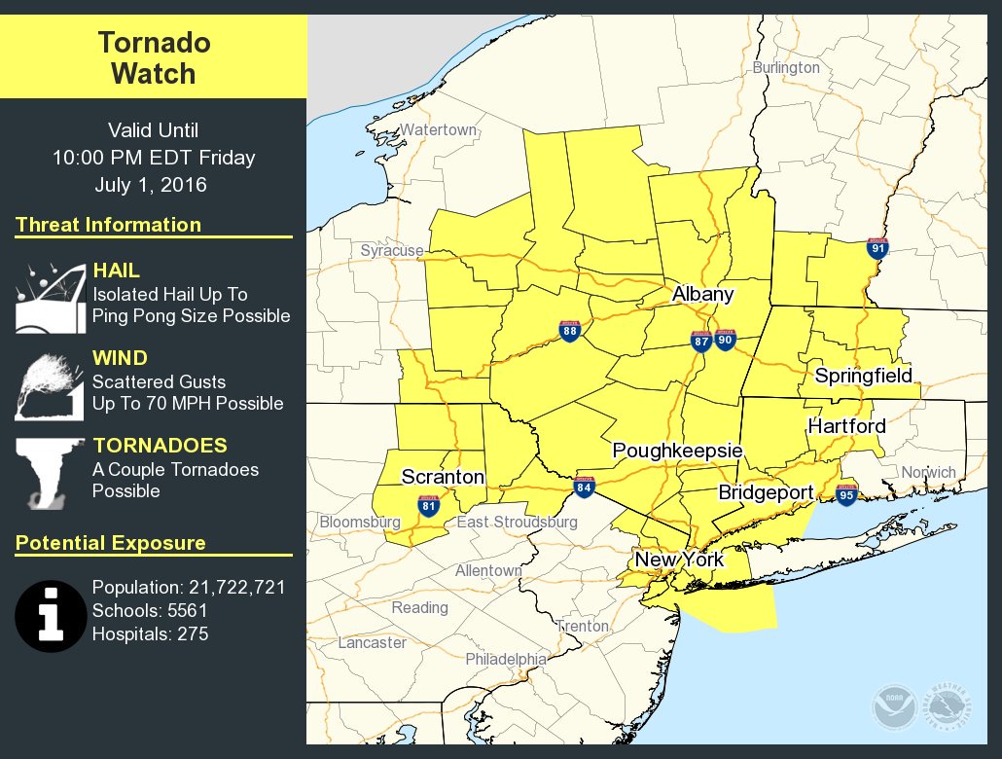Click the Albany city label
coord(702,294)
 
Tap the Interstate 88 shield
coord(571,332)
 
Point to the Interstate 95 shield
coord(846,493)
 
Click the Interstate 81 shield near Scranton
coord(428,505)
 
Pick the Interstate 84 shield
coord(584,487)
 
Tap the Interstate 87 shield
coord(701,341)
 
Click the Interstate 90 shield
coord(724,339)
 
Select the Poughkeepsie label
coord(677,451)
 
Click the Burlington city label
coord(786,68)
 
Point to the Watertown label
coord(439,129)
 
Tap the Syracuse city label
coord(392,250)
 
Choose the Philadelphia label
coord(506,659)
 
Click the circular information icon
coord(51,617)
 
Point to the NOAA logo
coord(892,705)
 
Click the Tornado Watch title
coord(154,57)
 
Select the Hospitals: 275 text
coord(150,634)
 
